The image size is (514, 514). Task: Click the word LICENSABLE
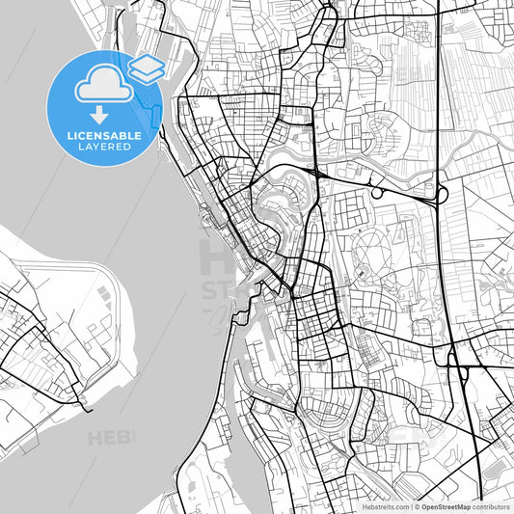[104, 136]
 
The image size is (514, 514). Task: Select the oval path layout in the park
[371, 249]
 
